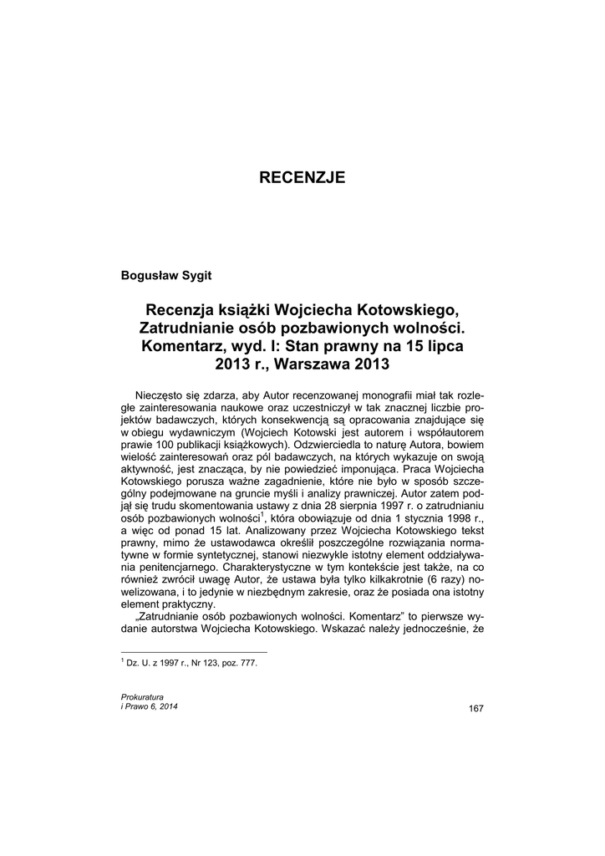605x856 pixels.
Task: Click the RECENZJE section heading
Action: pos(302,177)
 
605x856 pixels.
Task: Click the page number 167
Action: pos(476,709)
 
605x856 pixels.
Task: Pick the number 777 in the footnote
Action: pos(247,663)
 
